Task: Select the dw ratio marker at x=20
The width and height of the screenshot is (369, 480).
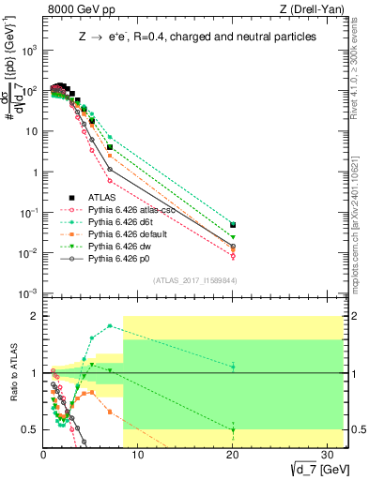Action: point(233,429)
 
